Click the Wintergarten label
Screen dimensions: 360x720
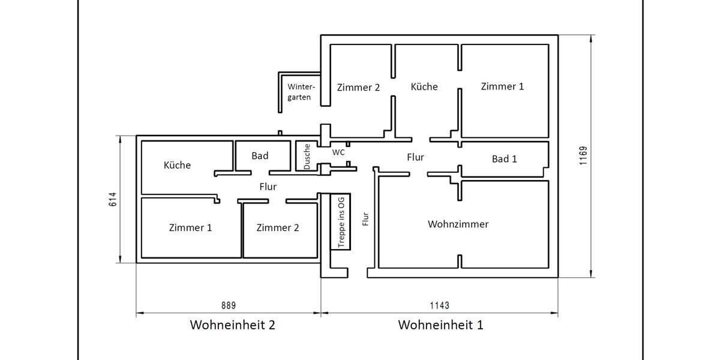click(x=300, y=92)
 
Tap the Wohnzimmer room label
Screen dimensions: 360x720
click(x=458, y=224)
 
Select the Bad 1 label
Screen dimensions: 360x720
click(x=504, y=159)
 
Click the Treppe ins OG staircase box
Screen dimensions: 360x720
click(x=341, y=222)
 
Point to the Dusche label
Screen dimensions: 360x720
click(x=307, y=156)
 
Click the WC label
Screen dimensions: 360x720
click(x=338, y=152)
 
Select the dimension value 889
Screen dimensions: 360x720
click(x=229, y=305)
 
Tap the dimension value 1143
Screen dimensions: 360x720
click(x=439, y=305)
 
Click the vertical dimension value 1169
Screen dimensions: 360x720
click(x=584, y=156)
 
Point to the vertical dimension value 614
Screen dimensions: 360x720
click(x=112, y=199)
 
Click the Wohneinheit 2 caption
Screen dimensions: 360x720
click(x=232, y=325)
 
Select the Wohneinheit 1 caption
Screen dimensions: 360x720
click(x=440, y=325)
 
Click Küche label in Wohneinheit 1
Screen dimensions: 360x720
click(x=424, y=87)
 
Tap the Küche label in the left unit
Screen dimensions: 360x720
click(x=177, y=165)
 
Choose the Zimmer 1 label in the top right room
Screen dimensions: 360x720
click(x=502, y=86)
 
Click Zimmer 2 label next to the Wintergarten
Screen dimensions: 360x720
click(x=358, y=88)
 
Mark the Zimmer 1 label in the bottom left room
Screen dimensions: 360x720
click(x=190, y=228)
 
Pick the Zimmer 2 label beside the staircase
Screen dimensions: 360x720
click(x=278, y=228)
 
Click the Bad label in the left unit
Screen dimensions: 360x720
click(x=260, y=156)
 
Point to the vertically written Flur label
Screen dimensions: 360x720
click(x=365, y=219)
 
